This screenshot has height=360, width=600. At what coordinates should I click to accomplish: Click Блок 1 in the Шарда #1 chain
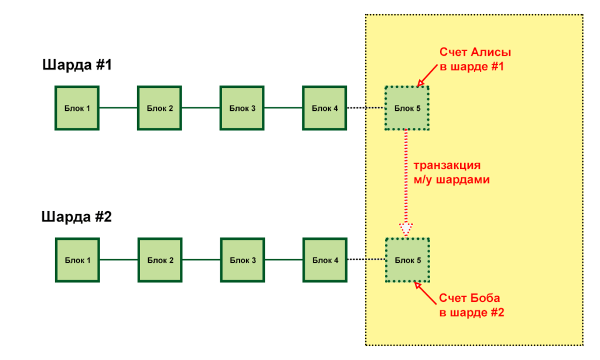click(x=77, y=108)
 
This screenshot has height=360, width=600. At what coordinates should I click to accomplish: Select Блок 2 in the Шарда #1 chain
click(x=159, y=108)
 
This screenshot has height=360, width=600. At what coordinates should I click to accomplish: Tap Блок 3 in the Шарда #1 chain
click(x=242, y=108)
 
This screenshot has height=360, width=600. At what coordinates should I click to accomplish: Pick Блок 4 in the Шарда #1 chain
click(x=325, y=108)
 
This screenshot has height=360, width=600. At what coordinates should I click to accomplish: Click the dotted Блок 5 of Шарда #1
click(x=407, y=108)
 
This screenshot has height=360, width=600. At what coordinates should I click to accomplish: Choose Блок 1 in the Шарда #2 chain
click(x=77, y=260)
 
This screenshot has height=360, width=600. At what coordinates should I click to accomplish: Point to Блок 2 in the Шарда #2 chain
click(x=159, y=260)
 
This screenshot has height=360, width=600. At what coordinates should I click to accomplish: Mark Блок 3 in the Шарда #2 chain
click(x=242, y=260)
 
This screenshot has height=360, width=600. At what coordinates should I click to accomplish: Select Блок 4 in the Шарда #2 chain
click(x=325, y=260)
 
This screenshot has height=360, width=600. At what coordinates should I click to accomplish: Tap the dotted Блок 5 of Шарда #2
click(x=407, y=260)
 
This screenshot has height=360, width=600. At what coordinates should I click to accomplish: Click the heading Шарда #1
click(x=77, y=65)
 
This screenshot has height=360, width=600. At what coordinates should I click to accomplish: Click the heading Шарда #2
click(x=77, y=217)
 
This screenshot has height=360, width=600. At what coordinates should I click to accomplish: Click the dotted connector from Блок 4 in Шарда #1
click(x=366, y=108)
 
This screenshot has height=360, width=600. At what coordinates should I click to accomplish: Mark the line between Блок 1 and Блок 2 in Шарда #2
click(x=118, y=260)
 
